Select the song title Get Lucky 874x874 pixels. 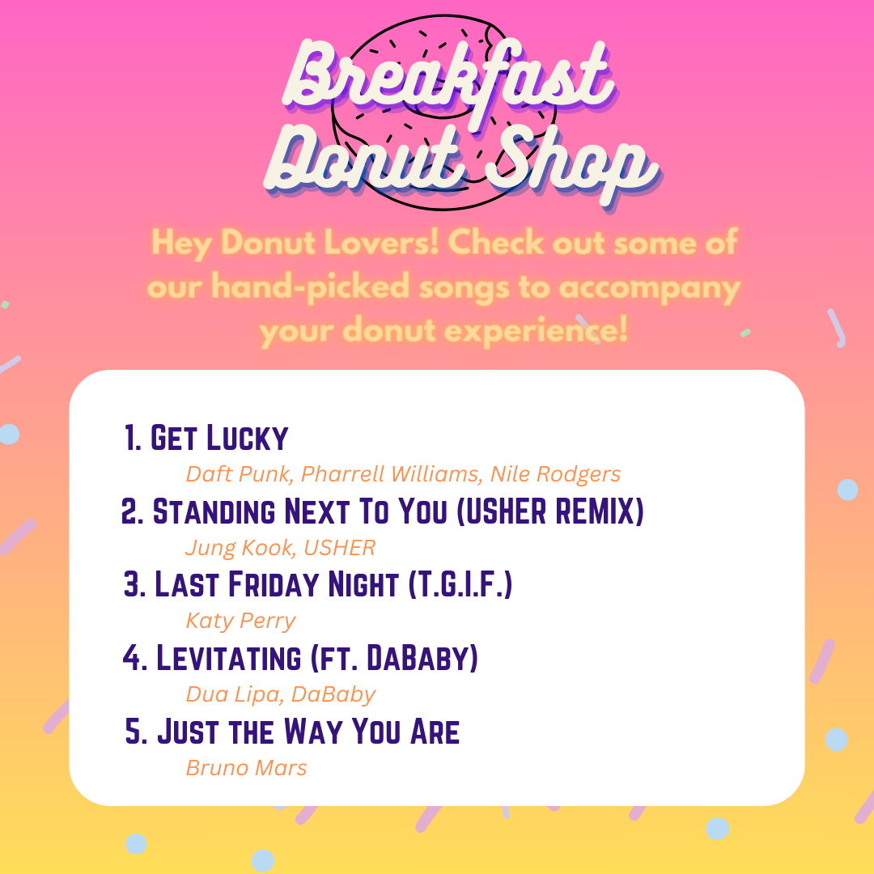(x=219, y=438)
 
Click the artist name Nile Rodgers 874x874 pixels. (x=555, y=474)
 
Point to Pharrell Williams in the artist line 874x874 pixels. (x=389, y=473)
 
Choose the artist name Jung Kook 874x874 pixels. (x=236, y=548)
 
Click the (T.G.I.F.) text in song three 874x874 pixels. (x=460, y=584)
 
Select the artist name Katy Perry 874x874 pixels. (x=241, y=622)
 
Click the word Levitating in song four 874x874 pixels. (x=228, y=658)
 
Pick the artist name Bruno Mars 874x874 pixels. (x=246, y=768)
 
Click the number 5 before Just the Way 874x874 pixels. (x=134, y=732)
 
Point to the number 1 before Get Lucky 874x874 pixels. (x=129, y=438)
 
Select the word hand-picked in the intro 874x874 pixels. (x=311, y=287)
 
